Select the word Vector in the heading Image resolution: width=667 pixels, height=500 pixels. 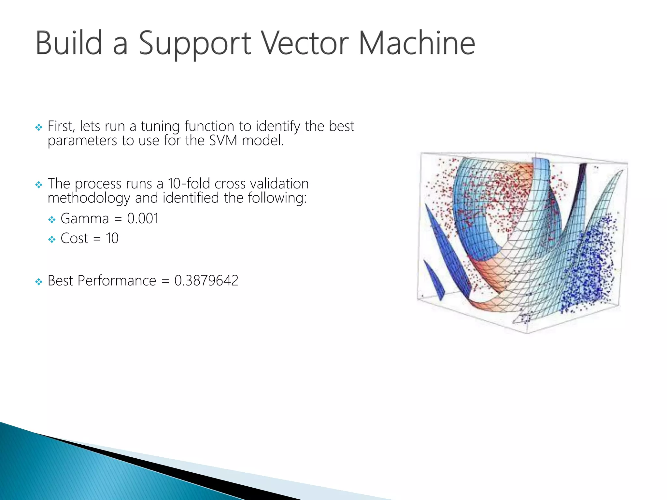[305, 43]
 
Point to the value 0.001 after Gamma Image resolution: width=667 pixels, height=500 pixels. [143, 218]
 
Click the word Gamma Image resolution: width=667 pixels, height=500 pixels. [85, 218]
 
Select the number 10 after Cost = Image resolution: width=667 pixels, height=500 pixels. [112, 238]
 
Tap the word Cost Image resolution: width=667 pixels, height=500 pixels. [74, 238]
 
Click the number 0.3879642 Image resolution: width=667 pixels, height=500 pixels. [206, 281]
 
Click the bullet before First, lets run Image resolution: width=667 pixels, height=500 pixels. [39, 127]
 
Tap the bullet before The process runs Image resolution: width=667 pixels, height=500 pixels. [39, 185]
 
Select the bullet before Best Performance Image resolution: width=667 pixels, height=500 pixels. [39, 282]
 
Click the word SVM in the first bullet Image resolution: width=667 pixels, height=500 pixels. [223, 141]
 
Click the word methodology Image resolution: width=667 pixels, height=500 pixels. [89, 198]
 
